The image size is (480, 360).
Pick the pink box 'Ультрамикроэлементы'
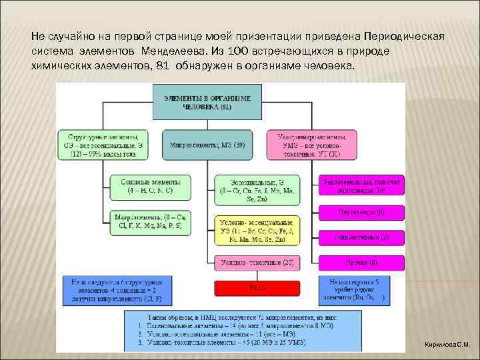click(x=313, y=145)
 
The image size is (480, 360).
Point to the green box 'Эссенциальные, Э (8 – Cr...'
click(x=256, y=190)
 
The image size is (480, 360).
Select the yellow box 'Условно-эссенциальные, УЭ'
click(x=256, y=231)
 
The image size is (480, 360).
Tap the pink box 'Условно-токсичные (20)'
click(x=256, y=263)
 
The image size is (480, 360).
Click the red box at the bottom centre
click(x=256, y=287)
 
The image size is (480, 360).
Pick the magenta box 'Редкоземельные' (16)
click(x=363, y=186)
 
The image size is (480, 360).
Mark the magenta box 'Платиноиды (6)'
click(x=363, y=213)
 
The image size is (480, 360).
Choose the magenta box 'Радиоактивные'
click(x=363, y=237)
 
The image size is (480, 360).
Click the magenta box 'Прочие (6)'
click(x=363, y=262)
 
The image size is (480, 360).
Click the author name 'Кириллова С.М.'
click(x=447, y=345)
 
